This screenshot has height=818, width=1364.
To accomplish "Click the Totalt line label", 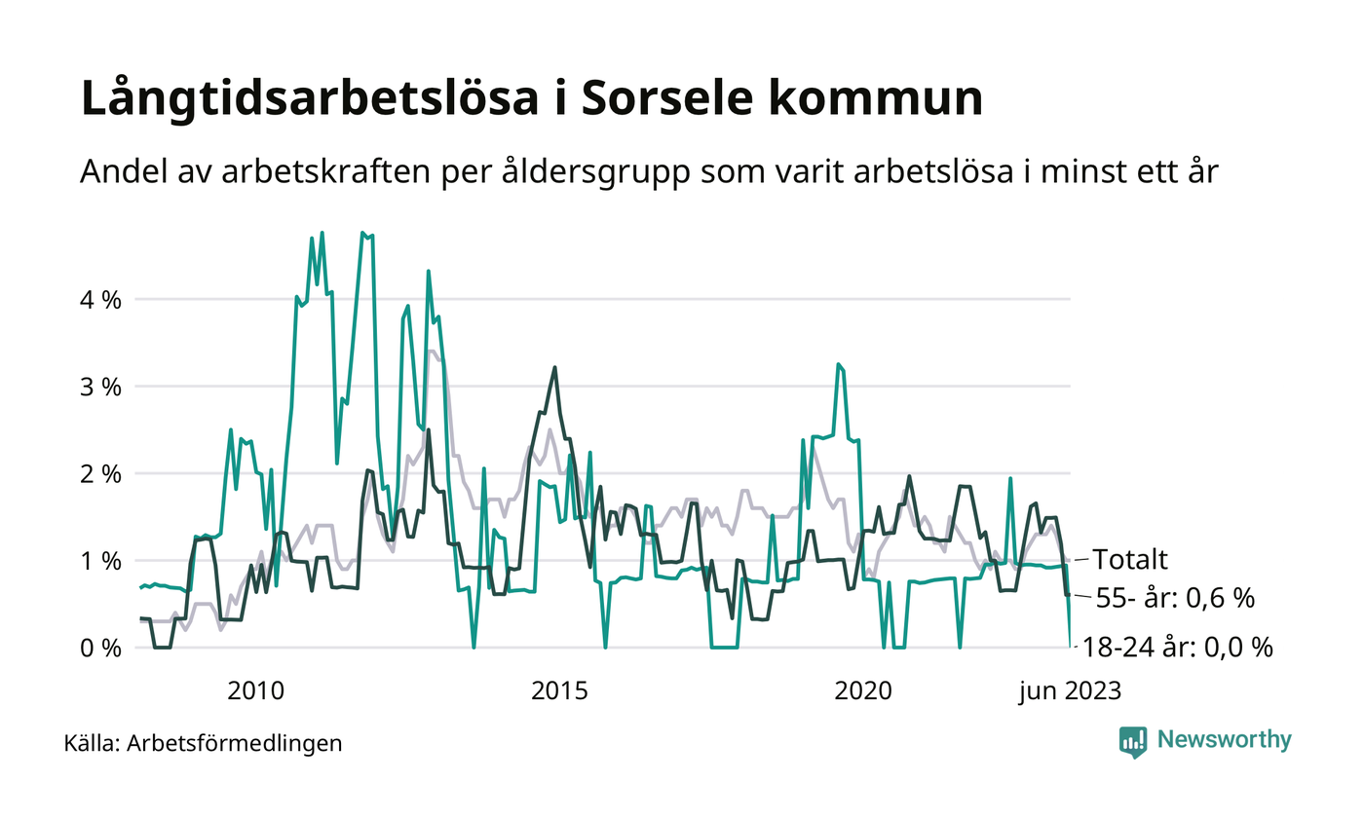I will pyautogui.click(x=1129, y=560).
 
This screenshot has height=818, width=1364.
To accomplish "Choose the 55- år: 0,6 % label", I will pyautogui.click(x=1175, y=598).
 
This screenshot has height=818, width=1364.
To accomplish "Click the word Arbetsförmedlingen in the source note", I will pyautogui.click(x=235, y=744).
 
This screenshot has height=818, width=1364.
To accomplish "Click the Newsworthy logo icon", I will pyautogui.click(x=1133, y=741).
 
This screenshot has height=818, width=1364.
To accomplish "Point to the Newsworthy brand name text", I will pyautogui.click(x=1225, y=740).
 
